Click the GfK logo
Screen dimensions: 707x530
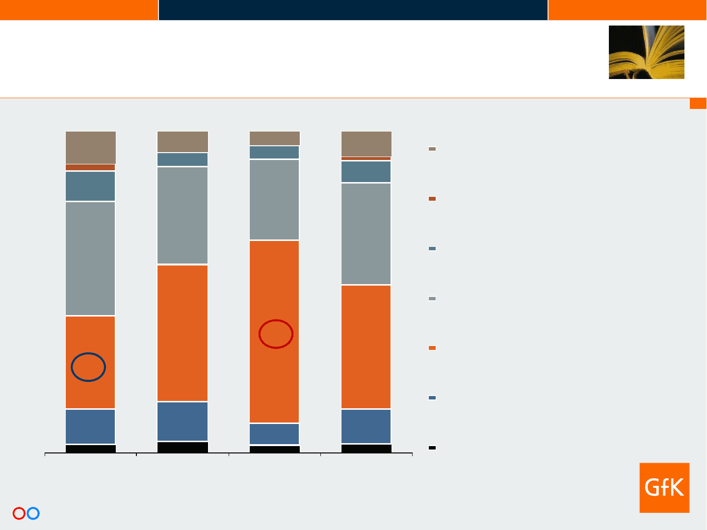click(x=664, y=487)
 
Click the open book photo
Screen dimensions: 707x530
click(x=647, y=52)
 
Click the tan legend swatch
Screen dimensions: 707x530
click(x=432, y=149)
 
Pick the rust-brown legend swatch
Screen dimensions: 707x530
click(x=432, y=199)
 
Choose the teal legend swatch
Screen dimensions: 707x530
click(x=432, y=248)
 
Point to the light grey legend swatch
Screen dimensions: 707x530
click(x=432, y=299)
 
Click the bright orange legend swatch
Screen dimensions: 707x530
click(x=432, y=348)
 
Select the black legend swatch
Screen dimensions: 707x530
click(x=432, y=448)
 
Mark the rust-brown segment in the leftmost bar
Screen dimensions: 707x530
click(x=90, y=167)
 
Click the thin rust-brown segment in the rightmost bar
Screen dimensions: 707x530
click(x=366, y=159)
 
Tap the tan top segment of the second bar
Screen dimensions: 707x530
click(x=183, y=141)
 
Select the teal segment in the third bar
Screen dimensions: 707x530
click(x=274, y=153)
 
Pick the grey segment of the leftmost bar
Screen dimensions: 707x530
click(x=90, y=259)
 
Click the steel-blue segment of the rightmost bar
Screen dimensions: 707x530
click(x=366, y=426)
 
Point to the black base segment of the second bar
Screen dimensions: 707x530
click(x=183, y=447)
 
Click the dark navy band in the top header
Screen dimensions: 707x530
click(x=353, y=10)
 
